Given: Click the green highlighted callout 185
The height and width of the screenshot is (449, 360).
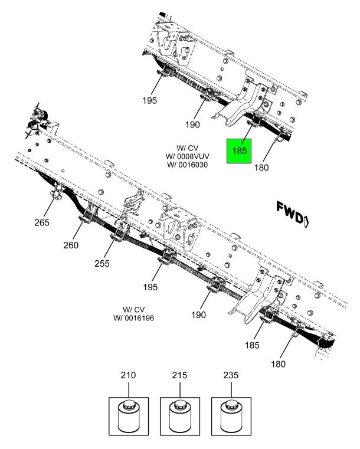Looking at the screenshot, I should point(240,151).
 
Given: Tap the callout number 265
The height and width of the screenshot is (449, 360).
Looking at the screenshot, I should point(42,222).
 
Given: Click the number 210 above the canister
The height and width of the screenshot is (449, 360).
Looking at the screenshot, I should point(129,375).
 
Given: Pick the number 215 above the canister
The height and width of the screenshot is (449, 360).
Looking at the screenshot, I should point(179,375).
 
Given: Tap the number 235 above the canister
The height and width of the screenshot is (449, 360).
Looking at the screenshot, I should point(231,375).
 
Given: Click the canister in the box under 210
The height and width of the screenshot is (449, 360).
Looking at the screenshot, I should point(129,417).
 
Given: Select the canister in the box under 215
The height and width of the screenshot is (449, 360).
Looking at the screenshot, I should point(179,417).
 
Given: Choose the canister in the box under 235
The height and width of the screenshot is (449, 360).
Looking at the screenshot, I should point(231,417).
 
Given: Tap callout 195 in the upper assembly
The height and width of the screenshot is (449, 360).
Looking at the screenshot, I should point(149,100).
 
